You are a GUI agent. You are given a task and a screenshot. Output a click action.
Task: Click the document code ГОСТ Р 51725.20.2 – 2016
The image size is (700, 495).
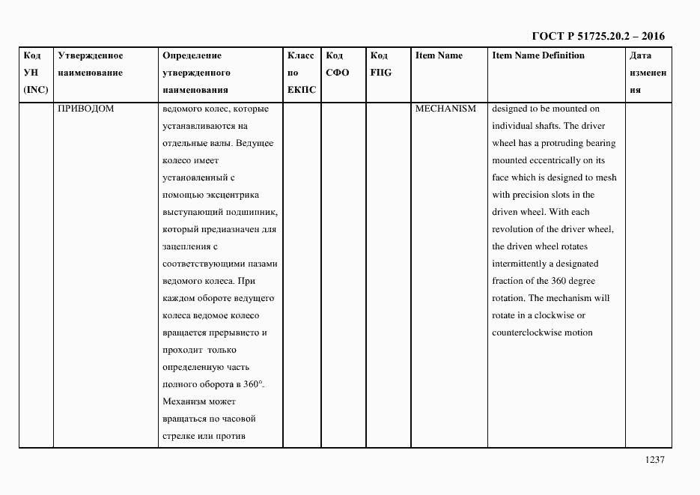point(598,36)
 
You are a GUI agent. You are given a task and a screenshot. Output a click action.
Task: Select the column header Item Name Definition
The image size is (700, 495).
point(538,55)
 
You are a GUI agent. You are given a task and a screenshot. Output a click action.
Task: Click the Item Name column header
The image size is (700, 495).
point(439,55)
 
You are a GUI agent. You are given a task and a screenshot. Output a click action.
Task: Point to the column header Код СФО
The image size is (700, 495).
point(338,64)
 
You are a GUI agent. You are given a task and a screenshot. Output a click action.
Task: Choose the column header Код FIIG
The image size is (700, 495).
point(380,64)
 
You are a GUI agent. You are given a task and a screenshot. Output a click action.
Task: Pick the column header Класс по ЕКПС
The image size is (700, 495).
point(301,73)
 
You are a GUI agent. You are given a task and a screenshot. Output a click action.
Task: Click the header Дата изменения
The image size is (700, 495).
point(648,73)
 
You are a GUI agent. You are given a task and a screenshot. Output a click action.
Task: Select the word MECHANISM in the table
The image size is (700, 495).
point(445,109)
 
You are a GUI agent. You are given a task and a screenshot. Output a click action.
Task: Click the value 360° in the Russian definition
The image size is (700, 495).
point(252,384)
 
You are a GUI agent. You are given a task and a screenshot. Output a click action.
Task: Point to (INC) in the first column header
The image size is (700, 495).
point(35,90)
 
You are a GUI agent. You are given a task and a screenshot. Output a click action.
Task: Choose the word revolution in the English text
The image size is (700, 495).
point(517,229)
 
